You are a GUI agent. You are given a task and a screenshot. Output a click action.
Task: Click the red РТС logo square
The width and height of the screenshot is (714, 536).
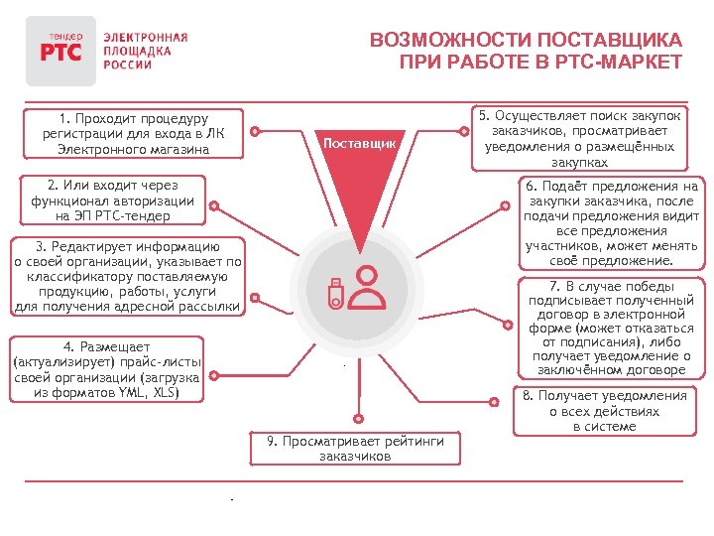click(x=60, y=50)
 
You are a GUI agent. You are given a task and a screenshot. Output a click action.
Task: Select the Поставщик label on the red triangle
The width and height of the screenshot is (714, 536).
click(x=360, y=144)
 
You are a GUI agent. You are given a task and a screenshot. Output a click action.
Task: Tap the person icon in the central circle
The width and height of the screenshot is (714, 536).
click(x=369, y=286)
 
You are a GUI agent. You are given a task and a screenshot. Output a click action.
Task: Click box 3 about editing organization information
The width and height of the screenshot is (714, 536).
click(x=126, y=276)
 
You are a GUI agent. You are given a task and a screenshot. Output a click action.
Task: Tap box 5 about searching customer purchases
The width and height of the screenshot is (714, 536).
click(x=579, y=137)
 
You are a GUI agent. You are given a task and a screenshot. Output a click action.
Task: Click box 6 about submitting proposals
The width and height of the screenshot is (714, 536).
click(x=613, y=223)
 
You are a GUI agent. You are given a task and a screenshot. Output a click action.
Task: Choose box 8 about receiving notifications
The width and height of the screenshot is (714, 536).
click(x=604, y=410)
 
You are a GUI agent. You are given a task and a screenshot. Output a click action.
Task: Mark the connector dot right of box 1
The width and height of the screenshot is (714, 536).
click(x=257, y=130)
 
